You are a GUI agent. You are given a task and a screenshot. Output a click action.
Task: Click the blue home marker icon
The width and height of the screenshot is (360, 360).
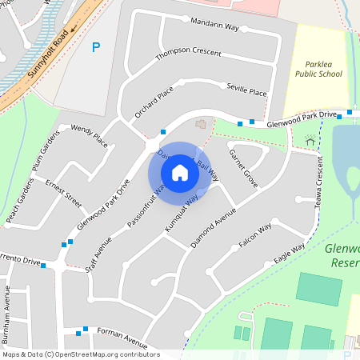pyautogui.click(x=180, y=173)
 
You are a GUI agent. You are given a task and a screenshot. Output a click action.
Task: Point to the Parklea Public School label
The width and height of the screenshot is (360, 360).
pyautogui.click(x=323, y=68)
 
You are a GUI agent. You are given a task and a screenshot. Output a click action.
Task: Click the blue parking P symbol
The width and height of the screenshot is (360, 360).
pyautogui.click(x=97, y=47)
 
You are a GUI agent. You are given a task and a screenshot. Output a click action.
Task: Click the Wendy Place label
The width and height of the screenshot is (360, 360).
pyautogui.click(x=89, y=134)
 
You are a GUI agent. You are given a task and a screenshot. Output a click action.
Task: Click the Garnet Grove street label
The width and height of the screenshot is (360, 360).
pyautogui.click(x=243, y=168)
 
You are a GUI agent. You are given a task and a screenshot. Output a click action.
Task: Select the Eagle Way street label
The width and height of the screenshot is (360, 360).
pyautogui.click(x=289, y=254)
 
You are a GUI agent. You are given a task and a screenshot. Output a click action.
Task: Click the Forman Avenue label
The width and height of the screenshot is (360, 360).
pyautogui.click(x=122, y=334)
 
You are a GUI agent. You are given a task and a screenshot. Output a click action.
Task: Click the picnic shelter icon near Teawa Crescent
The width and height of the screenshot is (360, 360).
pyautogui.click(x=310, y=141)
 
